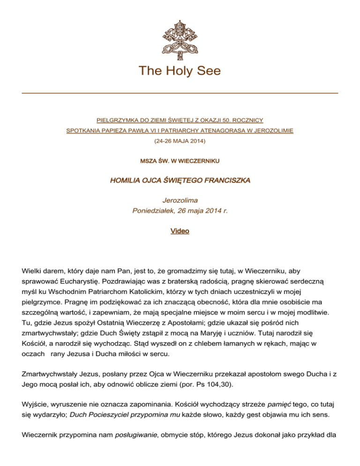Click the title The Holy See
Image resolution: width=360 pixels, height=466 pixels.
click(180, 71)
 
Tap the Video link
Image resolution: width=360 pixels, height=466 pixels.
click(180, 231)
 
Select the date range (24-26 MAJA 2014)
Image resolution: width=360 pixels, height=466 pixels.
click(180, 140)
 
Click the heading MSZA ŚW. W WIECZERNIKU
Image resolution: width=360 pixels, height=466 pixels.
click(180, 161)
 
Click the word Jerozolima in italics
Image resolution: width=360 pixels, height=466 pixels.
click(180, 200)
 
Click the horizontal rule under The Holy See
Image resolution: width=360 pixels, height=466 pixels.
click(180, 93)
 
